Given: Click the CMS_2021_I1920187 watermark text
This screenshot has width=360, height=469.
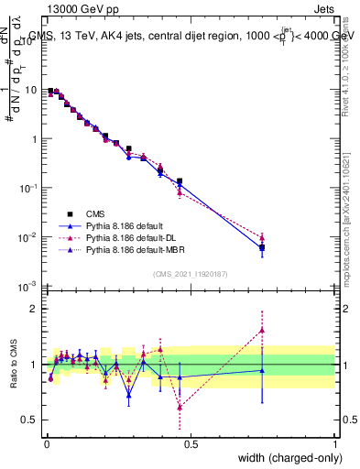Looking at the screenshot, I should click(191, 274).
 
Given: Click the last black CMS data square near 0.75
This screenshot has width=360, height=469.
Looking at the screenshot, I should click(262, 247).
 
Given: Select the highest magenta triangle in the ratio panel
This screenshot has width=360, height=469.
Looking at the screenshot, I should click(262, 330).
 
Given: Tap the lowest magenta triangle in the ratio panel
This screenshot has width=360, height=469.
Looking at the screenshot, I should click(180, 407).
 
